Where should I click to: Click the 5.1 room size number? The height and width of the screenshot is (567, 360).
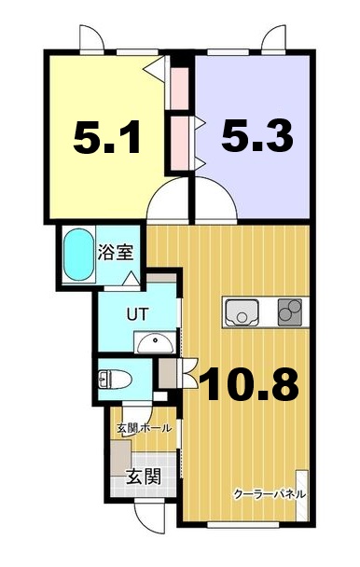pyautogui.click(x=108, y=140)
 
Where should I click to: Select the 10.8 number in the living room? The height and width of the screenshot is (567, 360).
pyautogui.click(x=249, y=381)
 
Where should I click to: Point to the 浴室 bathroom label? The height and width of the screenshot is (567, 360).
pyautogui.click(x=115, y=251)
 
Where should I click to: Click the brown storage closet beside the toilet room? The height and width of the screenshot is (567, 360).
pyautogui.click(x=169, y=375)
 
